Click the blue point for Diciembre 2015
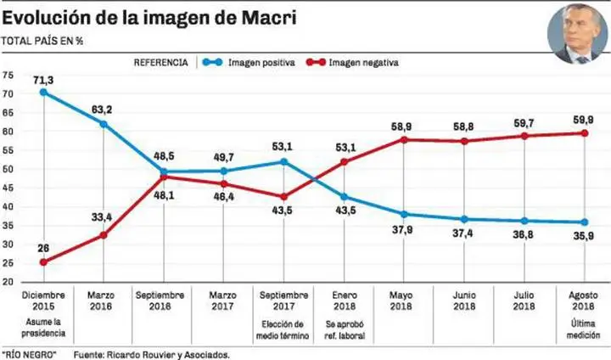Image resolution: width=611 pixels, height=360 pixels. coord(42,92)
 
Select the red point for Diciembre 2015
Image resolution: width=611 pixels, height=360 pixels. coord(42,262)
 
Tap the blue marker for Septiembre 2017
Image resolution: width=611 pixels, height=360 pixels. coord(283,161)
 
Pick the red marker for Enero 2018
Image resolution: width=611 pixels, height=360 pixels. coord(344,161)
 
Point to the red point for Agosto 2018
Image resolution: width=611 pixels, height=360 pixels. coord(584,132)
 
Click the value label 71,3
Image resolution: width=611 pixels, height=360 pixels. coord(44,79)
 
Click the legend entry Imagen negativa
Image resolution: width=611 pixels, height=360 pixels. coord(363,62)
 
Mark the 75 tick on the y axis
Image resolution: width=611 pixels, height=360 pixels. coord(8,75)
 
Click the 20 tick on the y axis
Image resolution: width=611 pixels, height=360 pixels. coord(8,283)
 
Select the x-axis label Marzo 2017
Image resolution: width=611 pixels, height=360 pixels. coord(223,301)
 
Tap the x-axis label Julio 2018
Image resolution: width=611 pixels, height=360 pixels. coord(524,301)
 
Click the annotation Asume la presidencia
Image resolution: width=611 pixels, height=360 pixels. coord(42,328)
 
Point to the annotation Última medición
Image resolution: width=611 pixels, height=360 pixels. coord(584,328)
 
